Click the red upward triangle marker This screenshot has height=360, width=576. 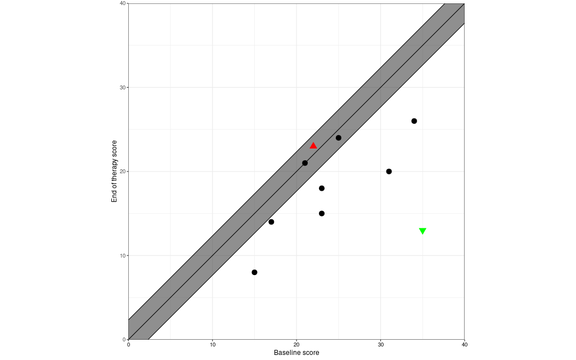pos(313,146)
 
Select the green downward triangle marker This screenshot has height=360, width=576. pos(422,231)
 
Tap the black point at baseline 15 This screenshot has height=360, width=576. pos(254,272)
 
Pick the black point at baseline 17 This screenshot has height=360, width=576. pos(271,222)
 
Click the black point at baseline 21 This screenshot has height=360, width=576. pos(305,163)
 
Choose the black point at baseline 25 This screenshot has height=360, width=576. pos(339,138)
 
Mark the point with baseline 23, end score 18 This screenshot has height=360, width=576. pos(322,188)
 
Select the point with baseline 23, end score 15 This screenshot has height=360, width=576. pos(322,213)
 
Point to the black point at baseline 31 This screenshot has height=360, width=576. pos(389,172)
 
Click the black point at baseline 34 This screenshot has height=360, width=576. pos(414,121)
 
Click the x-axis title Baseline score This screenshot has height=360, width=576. pos(296,353)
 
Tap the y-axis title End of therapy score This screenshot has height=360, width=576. pos(114,171)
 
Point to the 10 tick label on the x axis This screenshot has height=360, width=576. pos(213,344)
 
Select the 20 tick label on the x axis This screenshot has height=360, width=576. pos(296,344)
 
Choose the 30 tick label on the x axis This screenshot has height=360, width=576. pos(380,344)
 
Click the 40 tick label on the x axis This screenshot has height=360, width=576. pos(464,344)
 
